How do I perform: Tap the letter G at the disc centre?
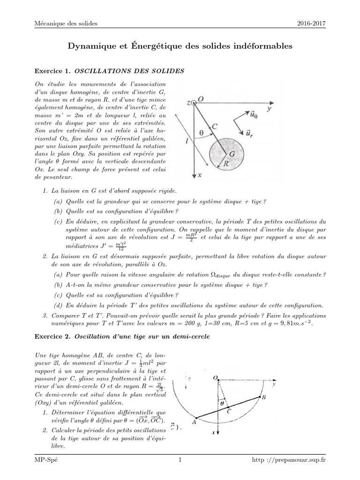tap(231, 153)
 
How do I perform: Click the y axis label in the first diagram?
tap(270, 108)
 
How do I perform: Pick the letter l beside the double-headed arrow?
tap(187, 143)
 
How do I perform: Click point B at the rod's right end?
tap(264, 397)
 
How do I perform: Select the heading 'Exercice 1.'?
tap(52, 71)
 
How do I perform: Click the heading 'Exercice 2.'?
tap(52, 337)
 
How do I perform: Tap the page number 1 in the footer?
tap(180, 460)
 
